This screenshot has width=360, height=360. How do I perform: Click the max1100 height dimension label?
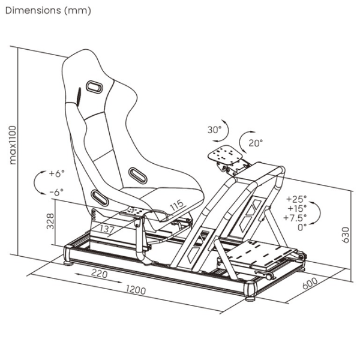pos(13,145)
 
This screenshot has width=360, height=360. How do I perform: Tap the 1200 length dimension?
pos(136,290)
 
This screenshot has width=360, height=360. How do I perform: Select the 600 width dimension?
pos(310,283)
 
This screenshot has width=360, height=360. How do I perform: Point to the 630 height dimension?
pos(345,235)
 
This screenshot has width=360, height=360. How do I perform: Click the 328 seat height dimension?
pos(50,221)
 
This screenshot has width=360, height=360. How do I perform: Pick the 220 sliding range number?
pos(100,274)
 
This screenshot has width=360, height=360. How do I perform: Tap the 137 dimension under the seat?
pos(107,229)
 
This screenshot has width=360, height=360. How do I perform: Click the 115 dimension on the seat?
pos(177,205)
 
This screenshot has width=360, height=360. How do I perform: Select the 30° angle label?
pos(214,130)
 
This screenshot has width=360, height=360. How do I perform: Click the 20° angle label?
pos(256,143)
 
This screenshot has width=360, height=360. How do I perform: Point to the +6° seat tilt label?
pos(57,173)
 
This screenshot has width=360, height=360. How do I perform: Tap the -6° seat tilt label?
pos(57,192)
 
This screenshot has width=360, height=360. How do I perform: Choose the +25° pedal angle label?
pos(296,199)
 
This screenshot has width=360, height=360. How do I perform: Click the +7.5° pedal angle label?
pos(295,217)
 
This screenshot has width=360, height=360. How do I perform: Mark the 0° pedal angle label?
pos(302,227)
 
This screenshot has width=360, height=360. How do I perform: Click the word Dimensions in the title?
pos(33,10)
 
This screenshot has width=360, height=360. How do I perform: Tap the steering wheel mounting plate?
pos(225,154)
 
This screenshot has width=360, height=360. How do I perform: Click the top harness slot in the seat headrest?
pos(94,87)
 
